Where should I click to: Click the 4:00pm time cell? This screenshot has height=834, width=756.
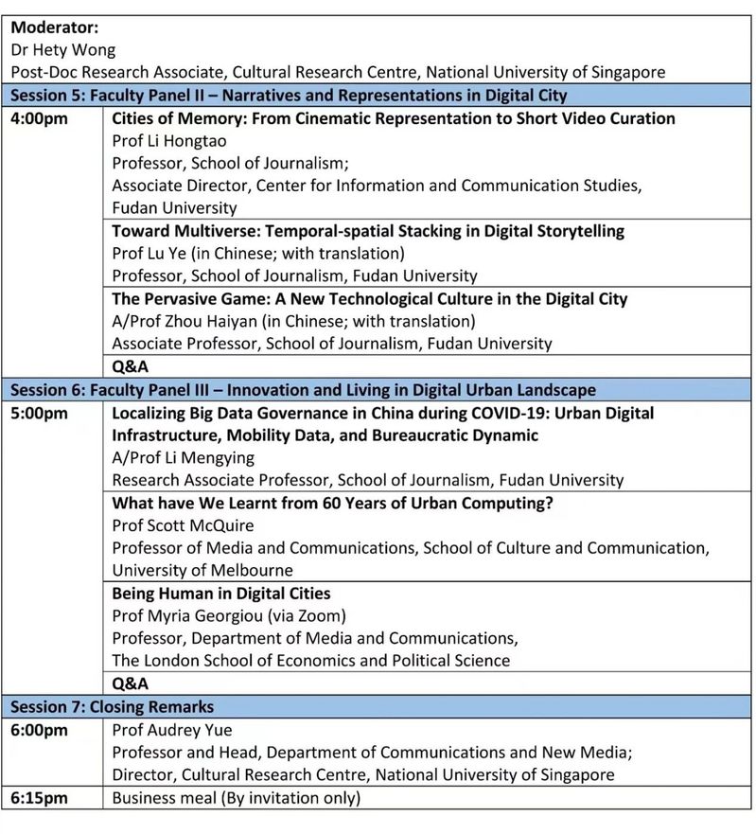point(39,119)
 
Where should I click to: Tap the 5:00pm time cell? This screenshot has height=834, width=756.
point(39,414)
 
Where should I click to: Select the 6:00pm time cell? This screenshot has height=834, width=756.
point(39,730)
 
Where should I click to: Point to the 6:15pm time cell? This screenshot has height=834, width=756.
point(39,798)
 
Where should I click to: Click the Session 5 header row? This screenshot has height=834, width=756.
point(289,95)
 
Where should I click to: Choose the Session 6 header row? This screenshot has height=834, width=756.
point(303,390)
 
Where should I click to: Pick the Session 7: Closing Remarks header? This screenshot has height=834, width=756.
point(112,707)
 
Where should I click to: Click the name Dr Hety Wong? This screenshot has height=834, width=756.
point(62,50)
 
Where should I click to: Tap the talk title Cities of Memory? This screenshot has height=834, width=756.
point(394,119)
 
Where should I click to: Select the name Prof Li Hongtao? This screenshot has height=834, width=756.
point(169,141)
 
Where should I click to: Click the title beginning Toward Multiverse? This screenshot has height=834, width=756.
point(368,231)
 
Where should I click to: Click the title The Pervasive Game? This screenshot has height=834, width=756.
point(370,299)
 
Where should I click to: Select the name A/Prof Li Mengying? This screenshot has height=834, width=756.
point(184,458)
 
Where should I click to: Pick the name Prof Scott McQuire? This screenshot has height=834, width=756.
point(184,525)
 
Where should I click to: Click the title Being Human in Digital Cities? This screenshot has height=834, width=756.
point(221,594)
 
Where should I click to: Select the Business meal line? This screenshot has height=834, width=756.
point(237,798)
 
